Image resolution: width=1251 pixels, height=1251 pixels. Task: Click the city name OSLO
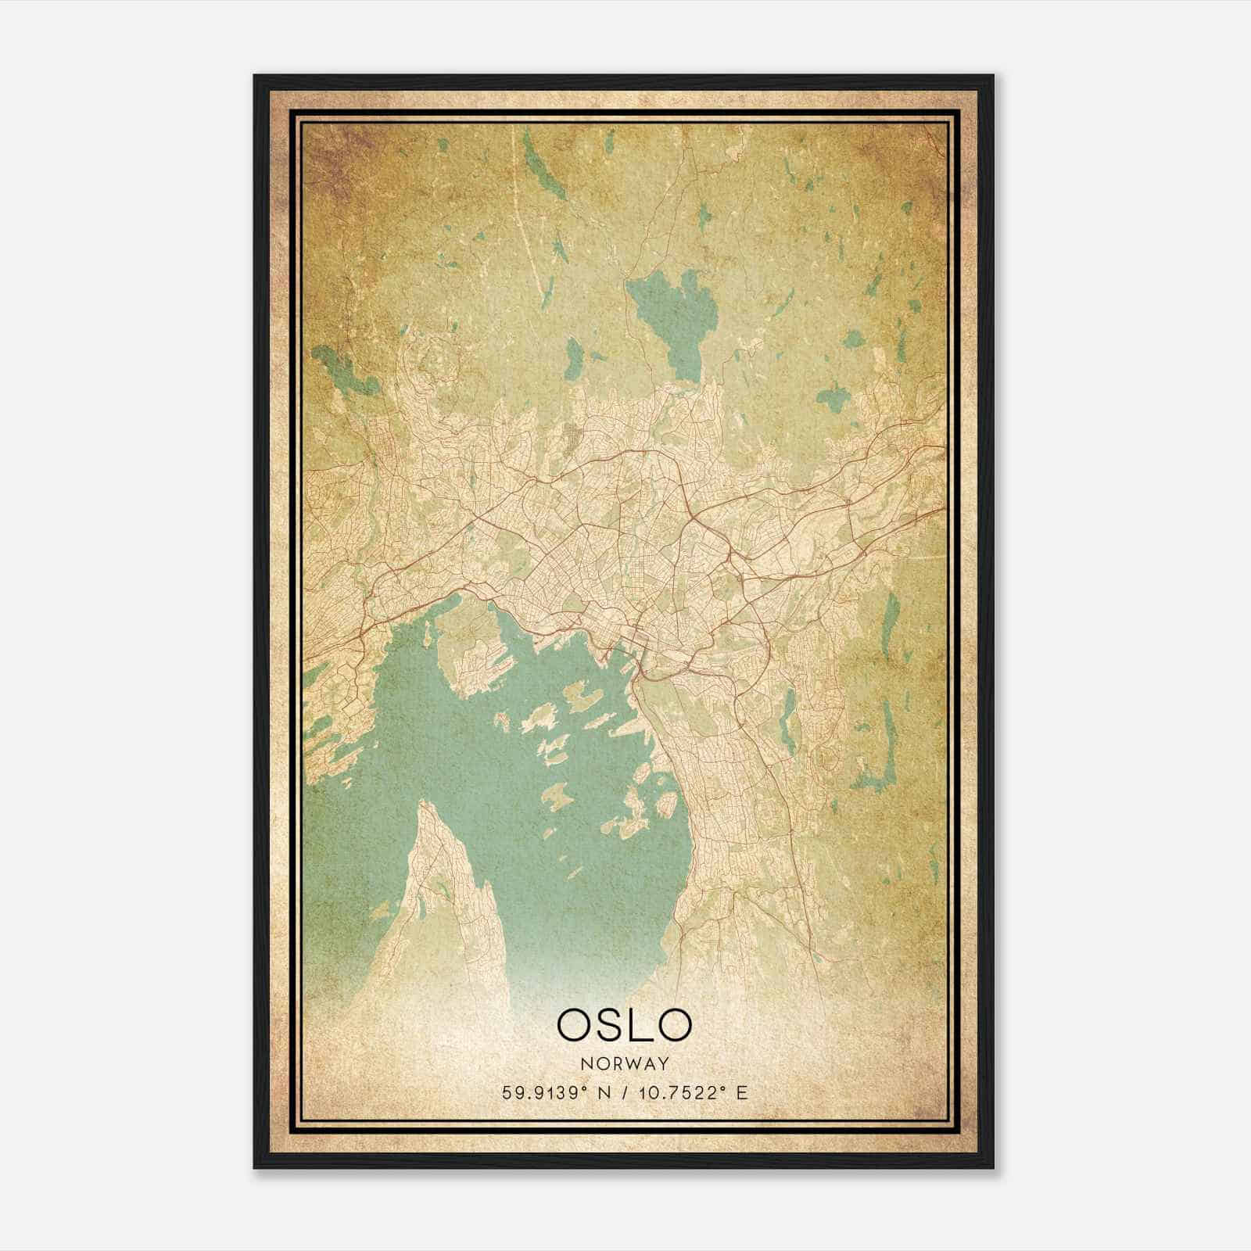point(624,1024)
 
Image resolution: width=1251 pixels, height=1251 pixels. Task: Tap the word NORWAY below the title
point(625,1063)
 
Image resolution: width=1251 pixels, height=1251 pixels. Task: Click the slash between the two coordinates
point(622,1091)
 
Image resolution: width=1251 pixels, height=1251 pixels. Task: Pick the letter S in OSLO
point(604,1024)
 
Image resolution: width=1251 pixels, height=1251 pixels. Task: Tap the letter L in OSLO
point(637,1024)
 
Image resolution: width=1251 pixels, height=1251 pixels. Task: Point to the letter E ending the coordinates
point(742,1091)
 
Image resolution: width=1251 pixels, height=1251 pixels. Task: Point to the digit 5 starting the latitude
point(507,1091)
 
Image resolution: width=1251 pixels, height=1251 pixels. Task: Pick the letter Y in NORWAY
point(664,1063)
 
